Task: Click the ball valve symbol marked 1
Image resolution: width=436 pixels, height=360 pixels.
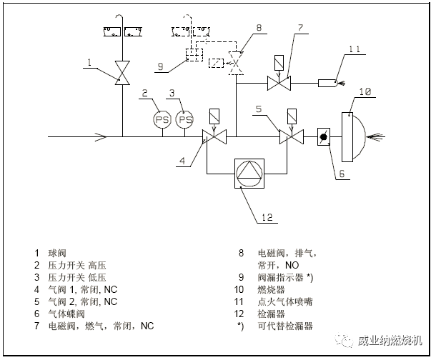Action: [x=123, y=74]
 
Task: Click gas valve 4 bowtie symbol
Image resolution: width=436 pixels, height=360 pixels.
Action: [x=212, y=136]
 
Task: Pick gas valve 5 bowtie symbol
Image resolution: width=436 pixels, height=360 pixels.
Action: [x=289, y=136]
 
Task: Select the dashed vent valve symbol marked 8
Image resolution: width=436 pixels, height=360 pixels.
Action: [x=236, y=63]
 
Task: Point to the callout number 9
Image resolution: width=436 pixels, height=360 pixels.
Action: [x=160, y=66]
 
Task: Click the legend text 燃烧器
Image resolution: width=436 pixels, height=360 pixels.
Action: [x=269, y=290]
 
